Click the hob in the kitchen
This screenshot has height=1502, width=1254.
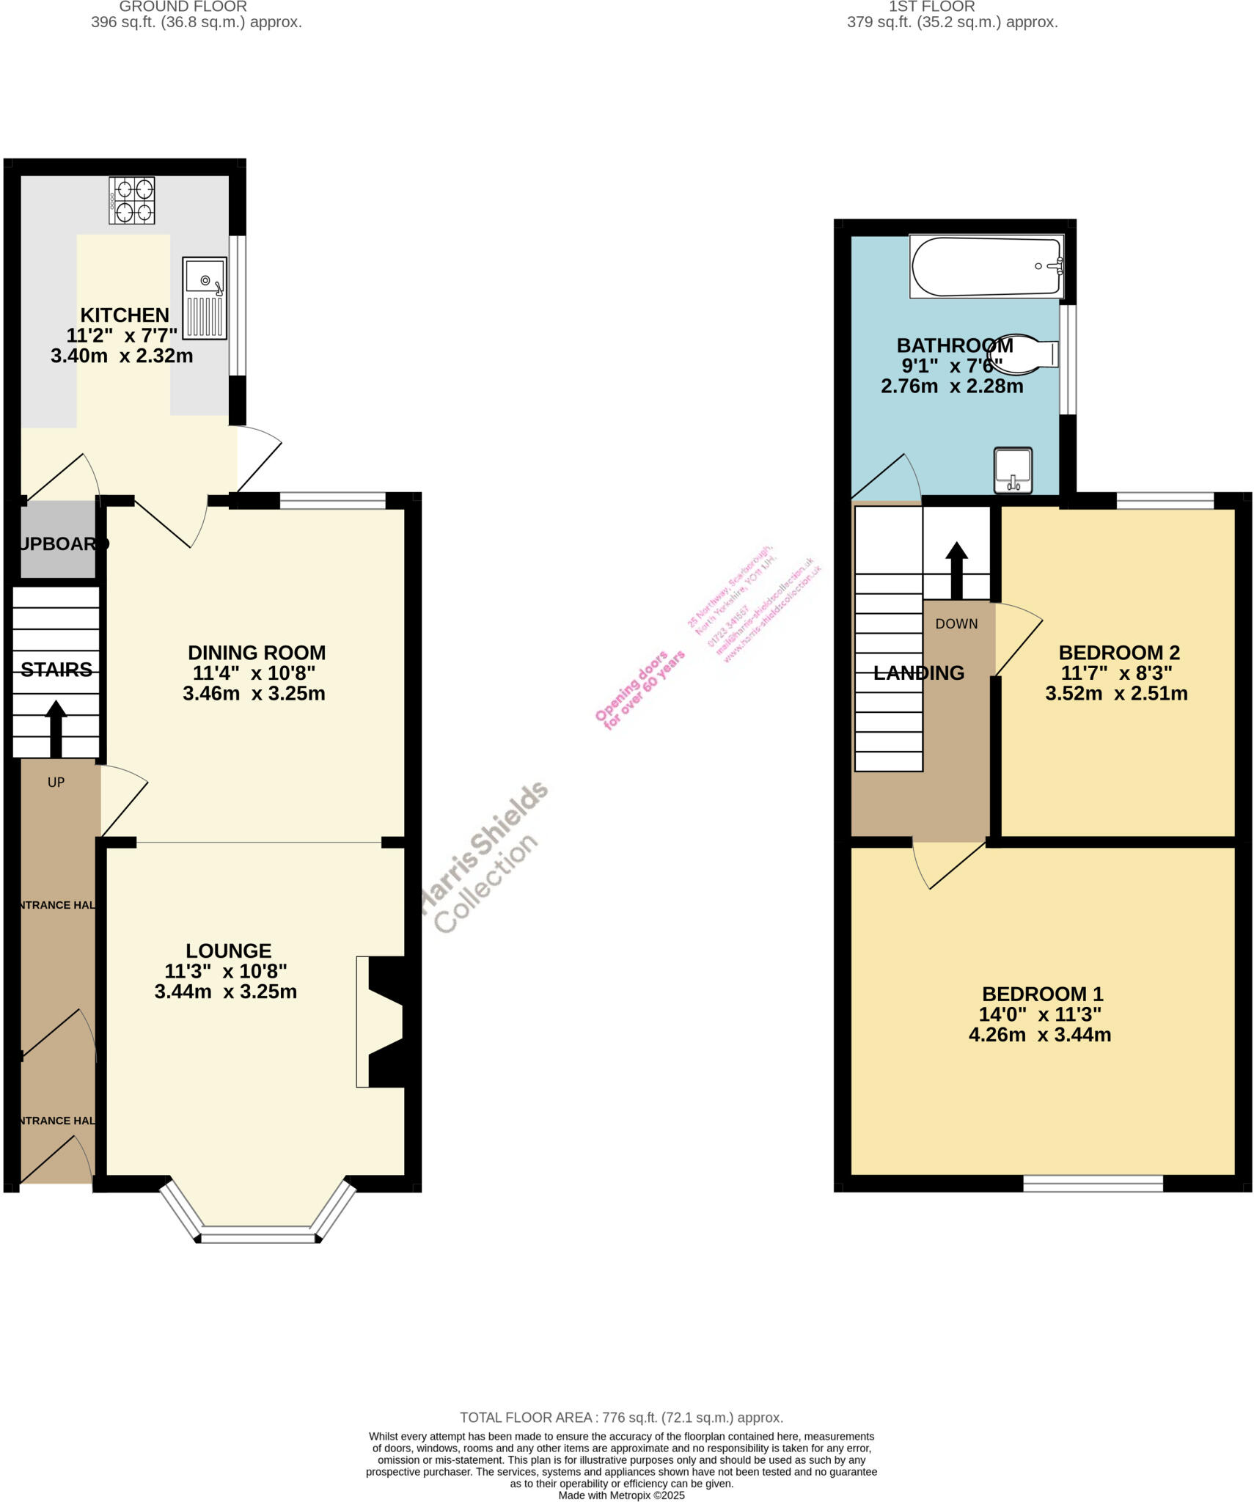(x=132, y=200)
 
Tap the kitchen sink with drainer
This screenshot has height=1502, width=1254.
(x=205, y=298)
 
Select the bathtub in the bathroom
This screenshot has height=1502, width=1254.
(x=986, y=266)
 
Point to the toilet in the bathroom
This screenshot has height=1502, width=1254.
(x=1027, y=353)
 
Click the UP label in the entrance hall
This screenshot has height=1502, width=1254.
(x=56, y=783)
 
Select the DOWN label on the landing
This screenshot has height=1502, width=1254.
(x=956, y=624)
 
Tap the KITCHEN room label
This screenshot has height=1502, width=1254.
(x=125, y=315)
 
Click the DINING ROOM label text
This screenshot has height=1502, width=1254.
(x=257, y=653)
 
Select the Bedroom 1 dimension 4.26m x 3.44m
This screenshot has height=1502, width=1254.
(x=1040, y=1035)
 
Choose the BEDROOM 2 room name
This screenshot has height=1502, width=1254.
(x=1119, y=653)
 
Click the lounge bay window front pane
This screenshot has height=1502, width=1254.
(x=257, y=1238)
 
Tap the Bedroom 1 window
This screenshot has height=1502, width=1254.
(x=1093, y=1183)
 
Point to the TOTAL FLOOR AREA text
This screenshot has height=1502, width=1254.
(x=621, y=1418)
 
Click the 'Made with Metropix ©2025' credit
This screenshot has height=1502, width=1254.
(x=621, y=1495)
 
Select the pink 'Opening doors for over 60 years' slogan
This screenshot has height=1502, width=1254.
(x=639, y=690)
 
